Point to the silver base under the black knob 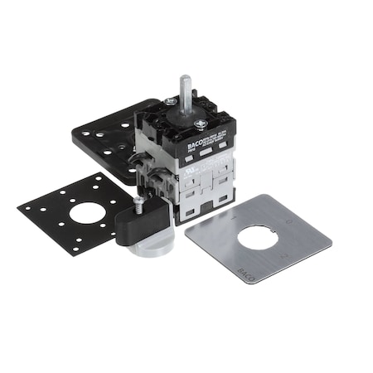point(146,247)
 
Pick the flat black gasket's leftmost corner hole point(26,205)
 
